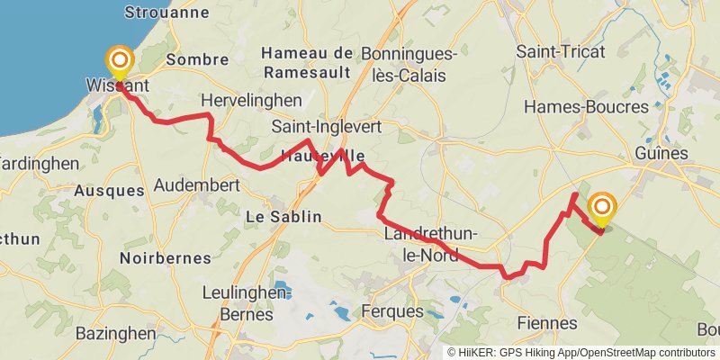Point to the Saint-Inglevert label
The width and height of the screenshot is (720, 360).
[x=326, y=128]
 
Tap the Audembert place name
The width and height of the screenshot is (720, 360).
[x=196, y=185]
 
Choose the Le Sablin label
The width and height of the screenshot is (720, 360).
[x=283, y=217]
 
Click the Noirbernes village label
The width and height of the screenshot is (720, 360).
[x=165, y=257]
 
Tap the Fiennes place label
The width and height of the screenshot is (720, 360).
[x=547, y=322]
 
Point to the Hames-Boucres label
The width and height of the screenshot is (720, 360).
[x=586, y=106]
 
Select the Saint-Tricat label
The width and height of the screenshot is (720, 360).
[x=561, y=51]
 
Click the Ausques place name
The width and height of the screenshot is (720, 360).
[x=109, y=191]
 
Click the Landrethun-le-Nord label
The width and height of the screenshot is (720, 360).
[x=430, y=244]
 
